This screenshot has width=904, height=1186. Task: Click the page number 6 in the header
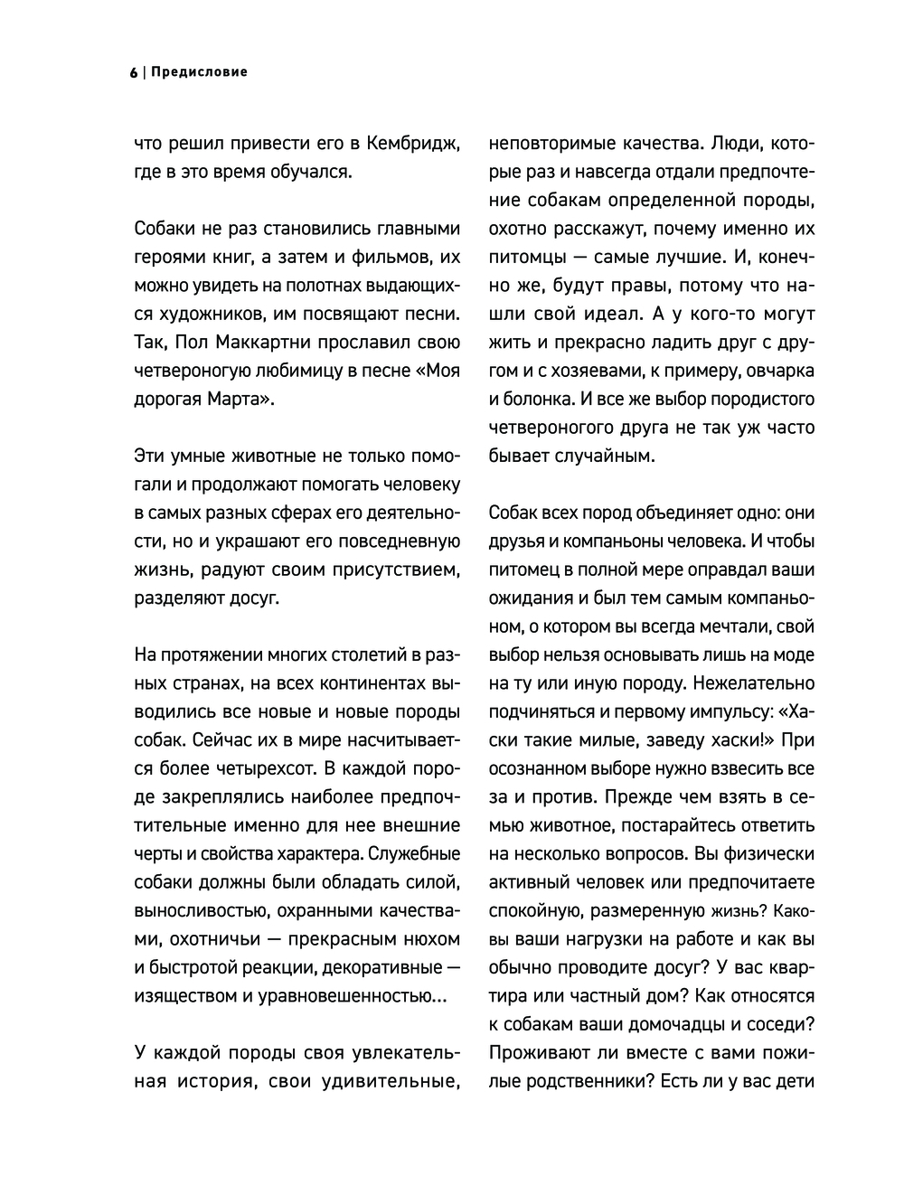point(133,72)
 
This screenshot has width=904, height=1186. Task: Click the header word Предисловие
point(199,72)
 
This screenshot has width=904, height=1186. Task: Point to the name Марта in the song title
point(236,400)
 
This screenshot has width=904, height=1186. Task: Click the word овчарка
point(777,371)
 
